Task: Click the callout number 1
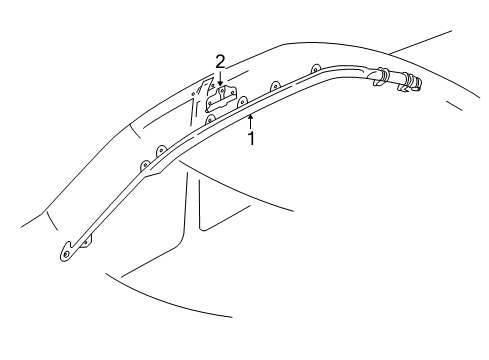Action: point(251,138)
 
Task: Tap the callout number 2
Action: point(220,62)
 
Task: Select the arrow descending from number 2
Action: point(220,77)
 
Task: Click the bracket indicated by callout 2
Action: point(221,98)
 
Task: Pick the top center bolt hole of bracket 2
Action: point(222,90)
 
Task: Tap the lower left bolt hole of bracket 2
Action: point(209,104)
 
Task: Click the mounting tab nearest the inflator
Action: point(315,69)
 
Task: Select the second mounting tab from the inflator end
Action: point(275,85)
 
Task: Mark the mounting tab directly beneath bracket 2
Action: point(210,119)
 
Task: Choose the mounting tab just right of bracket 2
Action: point(242,101)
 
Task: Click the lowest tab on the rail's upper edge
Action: point(145,165)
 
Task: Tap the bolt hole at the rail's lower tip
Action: point(66,255)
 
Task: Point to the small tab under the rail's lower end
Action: point(87,243)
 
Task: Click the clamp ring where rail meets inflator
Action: point(381,76)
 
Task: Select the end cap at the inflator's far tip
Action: point(418,83)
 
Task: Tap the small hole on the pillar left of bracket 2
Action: point(193,95)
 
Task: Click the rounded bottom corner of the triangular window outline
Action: point(202,228)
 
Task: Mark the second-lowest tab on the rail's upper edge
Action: point(161,150)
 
